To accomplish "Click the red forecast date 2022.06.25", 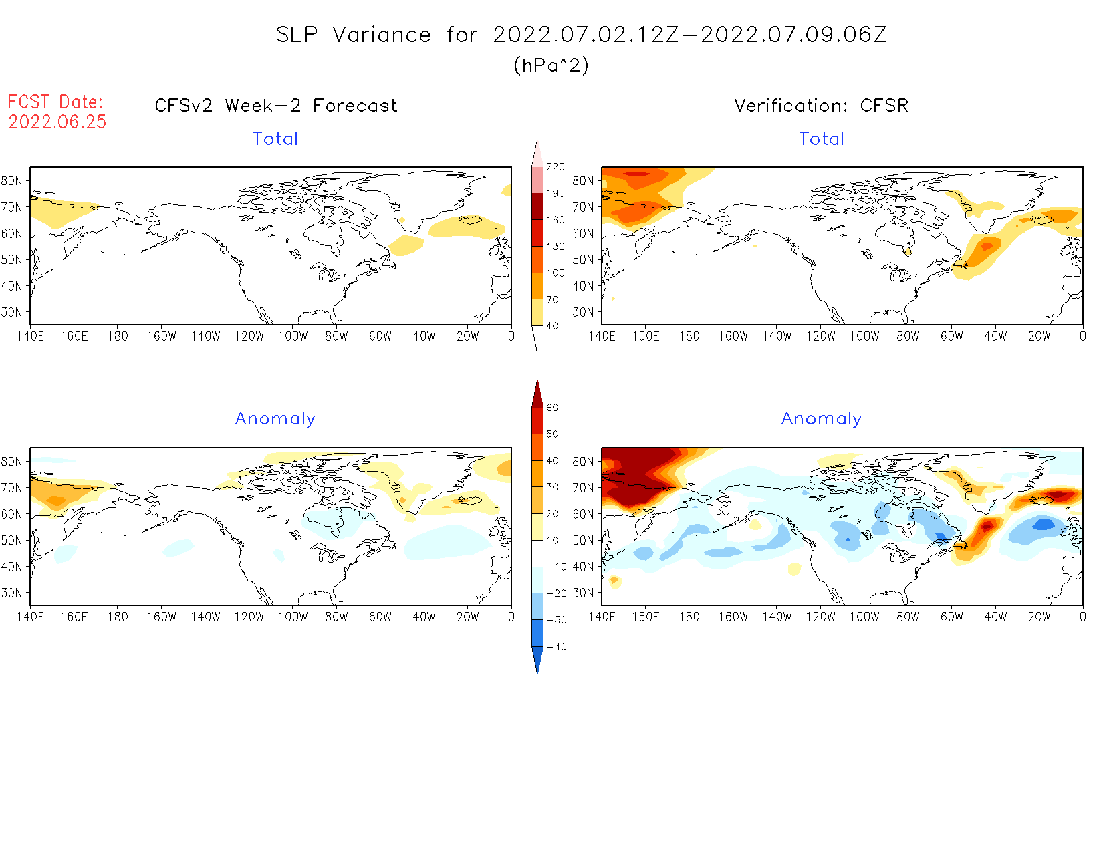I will (x=57, y=122).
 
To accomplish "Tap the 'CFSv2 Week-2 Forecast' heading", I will (x=276, y=106).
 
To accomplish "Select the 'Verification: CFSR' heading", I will (x=822, y=106).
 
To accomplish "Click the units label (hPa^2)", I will (x=551, y=65).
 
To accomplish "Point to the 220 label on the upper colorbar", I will (x=556, y=167).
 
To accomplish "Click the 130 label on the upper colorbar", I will (x=556, y=247).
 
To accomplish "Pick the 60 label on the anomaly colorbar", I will (x=552, y=408).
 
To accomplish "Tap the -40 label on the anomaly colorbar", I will (x=557, y=647).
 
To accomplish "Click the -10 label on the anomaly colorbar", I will (x=557, y=567).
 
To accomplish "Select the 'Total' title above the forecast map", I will (x=275, y=139).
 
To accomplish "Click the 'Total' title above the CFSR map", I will (x=822, y=139).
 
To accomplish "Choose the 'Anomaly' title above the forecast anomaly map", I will (x=275, y=419).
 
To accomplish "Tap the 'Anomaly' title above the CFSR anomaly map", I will (x=822, y=419).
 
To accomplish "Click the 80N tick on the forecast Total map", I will (x=12, y=181).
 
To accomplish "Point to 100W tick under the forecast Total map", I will (x=293, y=337).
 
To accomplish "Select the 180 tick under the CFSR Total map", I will (x=689, y=337).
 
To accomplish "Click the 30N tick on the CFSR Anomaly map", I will (x=583, y=593).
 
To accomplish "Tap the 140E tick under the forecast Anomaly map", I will (x=30, y=617).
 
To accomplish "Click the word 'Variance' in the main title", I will (x=382, y=35).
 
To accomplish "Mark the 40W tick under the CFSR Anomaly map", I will (x=995, y=617).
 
